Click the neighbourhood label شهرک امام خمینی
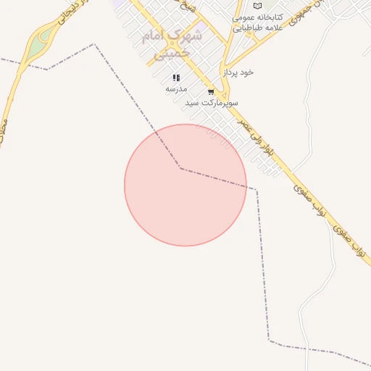tap(172, 43)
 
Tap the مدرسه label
tap(176, 88)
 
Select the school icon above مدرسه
tap(176, 78)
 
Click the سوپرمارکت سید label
tap(212, 103)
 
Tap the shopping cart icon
tap(211, 92)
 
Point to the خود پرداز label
tap(240, 72)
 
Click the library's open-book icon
tap(257, 6)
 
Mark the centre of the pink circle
tap(185, 185)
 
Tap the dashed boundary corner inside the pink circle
tap(180, 168)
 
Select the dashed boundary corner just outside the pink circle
tap(256, 189)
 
